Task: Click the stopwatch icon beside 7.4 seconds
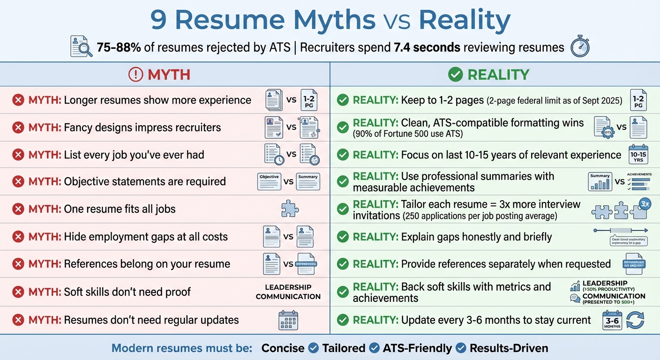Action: pyautogui.click(x=580, y=47)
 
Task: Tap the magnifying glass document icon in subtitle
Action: pyautogui.click(x=81, y=46)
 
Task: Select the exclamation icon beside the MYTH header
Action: pyautogui.click(x=135, y=74)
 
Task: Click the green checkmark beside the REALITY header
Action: pyautogui.click(x=455, y=74)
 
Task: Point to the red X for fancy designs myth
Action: pyautogui.click(x=18, y=127)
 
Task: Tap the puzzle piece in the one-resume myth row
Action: pyautogui.click(x=290, y=209)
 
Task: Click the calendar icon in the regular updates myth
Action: pyautogui.click(x=288, y=321)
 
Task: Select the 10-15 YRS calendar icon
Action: pyautogui.click(x=638, y=154)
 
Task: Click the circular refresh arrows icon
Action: pyautogui.click(x=635, y=321)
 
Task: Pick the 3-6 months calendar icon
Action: pyautogui.click(x=612, y=321)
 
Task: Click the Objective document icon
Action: pyautogui.click(x=269, y=181)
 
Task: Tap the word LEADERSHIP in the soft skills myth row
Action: pyautogui.click(x=288, y=287)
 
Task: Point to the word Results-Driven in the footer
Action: pyautogui.click(x=509, y=348)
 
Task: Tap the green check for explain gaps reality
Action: pyautogui.click(x=343, y=237)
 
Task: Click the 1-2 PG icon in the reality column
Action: pyautogui.click(x=638, y=100)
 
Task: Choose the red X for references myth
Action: pyautogui.click(x=18, y=264)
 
